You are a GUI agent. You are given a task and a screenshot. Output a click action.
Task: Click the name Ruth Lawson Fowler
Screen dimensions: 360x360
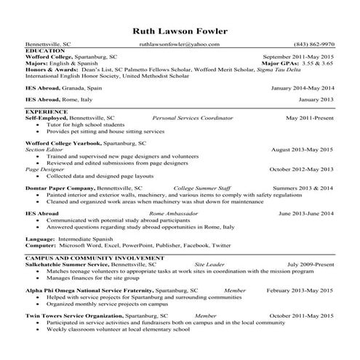(x=180, y=31)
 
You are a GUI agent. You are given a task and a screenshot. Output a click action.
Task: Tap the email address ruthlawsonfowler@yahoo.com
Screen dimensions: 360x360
(x=179, y=44)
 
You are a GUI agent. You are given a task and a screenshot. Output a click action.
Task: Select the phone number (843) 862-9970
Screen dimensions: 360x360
(x=313, y=44)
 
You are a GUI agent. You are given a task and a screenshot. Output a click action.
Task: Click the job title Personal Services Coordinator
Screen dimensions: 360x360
(x=193, y=117)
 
